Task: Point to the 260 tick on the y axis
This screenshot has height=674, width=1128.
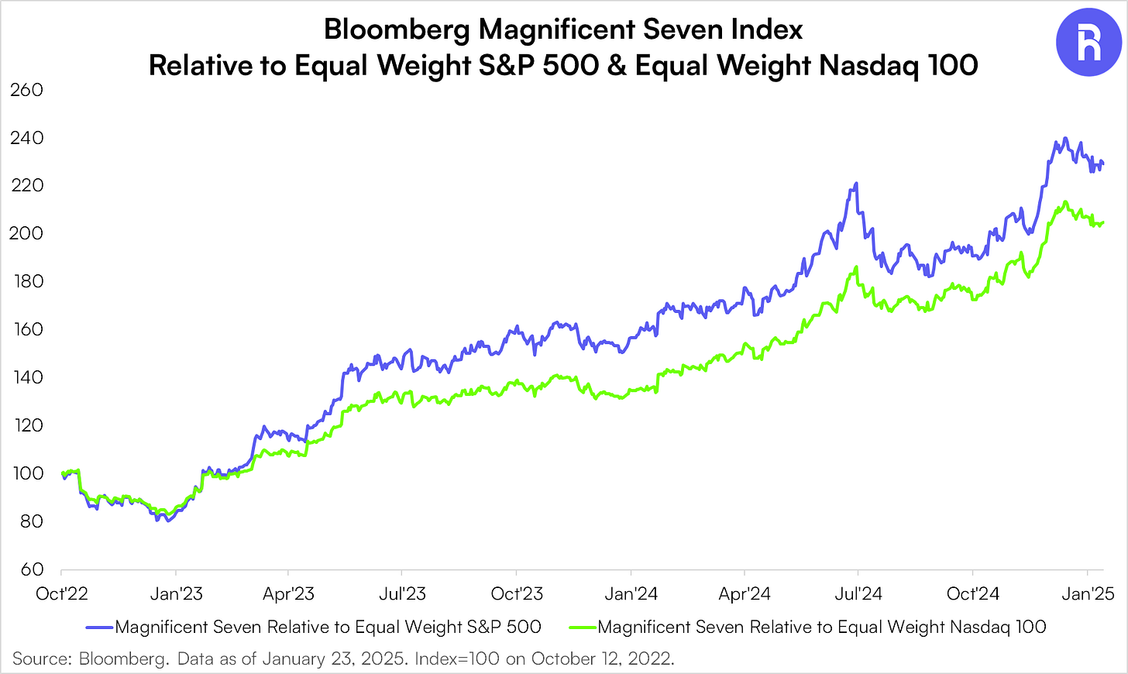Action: tap(26, 90)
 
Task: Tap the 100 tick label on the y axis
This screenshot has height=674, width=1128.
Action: tap(26, 473)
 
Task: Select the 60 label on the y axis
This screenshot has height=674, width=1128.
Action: tap(31, 569)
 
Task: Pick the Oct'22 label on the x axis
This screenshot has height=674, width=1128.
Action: tap(62, 594)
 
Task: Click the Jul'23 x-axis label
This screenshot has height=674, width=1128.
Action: tap(402, 594)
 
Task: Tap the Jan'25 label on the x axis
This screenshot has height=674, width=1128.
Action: tap(1088, 594)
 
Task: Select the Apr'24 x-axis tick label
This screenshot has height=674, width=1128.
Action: tap(745, 594)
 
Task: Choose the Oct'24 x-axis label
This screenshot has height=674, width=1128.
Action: tap(973, 594)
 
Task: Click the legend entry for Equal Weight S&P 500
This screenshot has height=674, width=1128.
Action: tap(328, 627)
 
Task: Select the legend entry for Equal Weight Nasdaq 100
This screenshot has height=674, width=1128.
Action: tap(822, 627)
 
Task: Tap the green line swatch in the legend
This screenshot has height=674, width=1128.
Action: tap(583, 627)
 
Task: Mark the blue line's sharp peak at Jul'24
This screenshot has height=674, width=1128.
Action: tap(856, 184)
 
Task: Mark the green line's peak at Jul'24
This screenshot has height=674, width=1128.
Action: tap(856, 267)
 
